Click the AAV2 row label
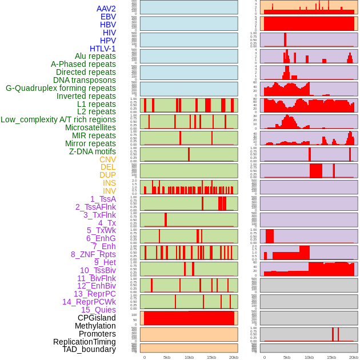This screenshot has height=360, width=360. pos(106,9)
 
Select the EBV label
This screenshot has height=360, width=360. pos(108,17)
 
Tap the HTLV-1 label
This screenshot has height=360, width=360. pos(103,49)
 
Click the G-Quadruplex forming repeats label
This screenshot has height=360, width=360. pos(61,88)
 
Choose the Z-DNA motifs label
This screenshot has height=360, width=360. pos(93,151)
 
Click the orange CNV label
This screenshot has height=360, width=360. pos(107,159)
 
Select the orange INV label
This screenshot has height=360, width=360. pos(109,191)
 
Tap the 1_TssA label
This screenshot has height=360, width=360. pos(103,199)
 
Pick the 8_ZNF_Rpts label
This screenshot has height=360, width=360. pos(93,254)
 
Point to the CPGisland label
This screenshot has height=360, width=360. pos(97,318)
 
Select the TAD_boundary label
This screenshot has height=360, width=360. pos(89,349)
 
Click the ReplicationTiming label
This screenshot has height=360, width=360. pos(81,342)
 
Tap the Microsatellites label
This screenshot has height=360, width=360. pos(90,127)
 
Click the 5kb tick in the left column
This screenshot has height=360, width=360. pos(167,357)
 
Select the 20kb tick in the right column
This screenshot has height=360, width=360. pos(354,357)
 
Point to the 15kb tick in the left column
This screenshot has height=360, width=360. pos(211,357)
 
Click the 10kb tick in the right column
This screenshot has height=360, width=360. pos(309,357)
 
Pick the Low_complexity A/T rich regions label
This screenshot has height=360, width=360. pos(58,119)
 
